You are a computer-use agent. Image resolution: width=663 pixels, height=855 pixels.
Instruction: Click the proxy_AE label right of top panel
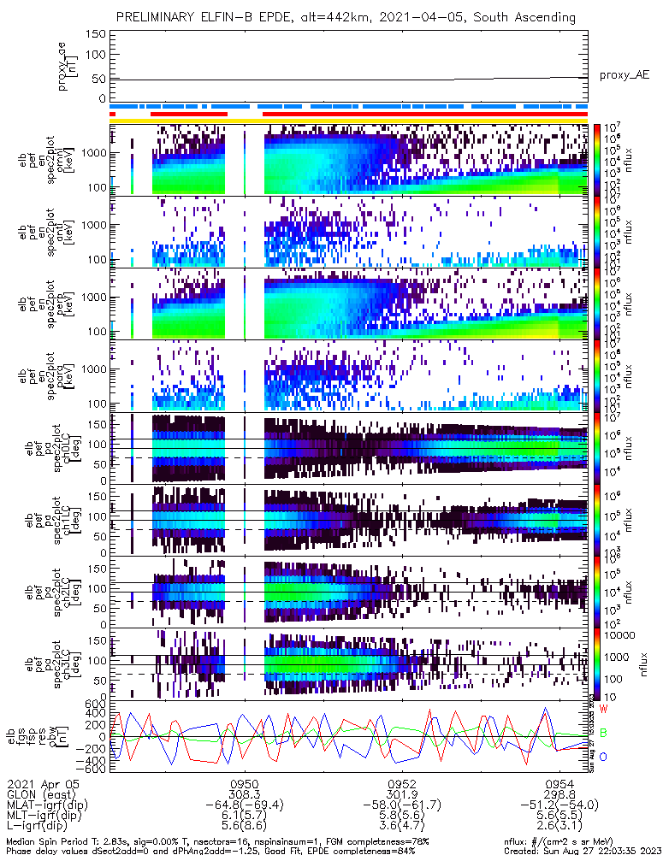pos(624,74)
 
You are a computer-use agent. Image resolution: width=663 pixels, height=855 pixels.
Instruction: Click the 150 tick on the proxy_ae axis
pos(97,34)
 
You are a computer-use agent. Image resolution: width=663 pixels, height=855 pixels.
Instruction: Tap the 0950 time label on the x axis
pos(244,783)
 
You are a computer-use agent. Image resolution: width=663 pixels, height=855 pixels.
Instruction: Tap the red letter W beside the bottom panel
pos(604,709)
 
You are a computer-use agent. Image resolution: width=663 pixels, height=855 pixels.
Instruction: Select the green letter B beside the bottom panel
pos(603,733)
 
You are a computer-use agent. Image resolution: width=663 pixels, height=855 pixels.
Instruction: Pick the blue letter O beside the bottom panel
pos(603,757)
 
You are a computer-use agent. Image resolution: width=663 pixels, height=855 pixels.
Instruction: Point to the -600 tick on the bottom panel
pos(93,768)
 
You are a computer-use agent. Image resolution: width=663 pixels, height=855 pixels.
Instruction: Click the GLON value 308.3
pos(244,794)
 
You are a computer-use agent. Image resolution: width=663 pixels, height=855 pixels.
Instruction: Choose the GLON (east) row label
pos(38,794)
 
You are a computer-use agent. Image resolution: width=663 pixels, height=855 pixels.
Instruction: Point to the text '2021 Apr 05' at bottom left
pos(37,783)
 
